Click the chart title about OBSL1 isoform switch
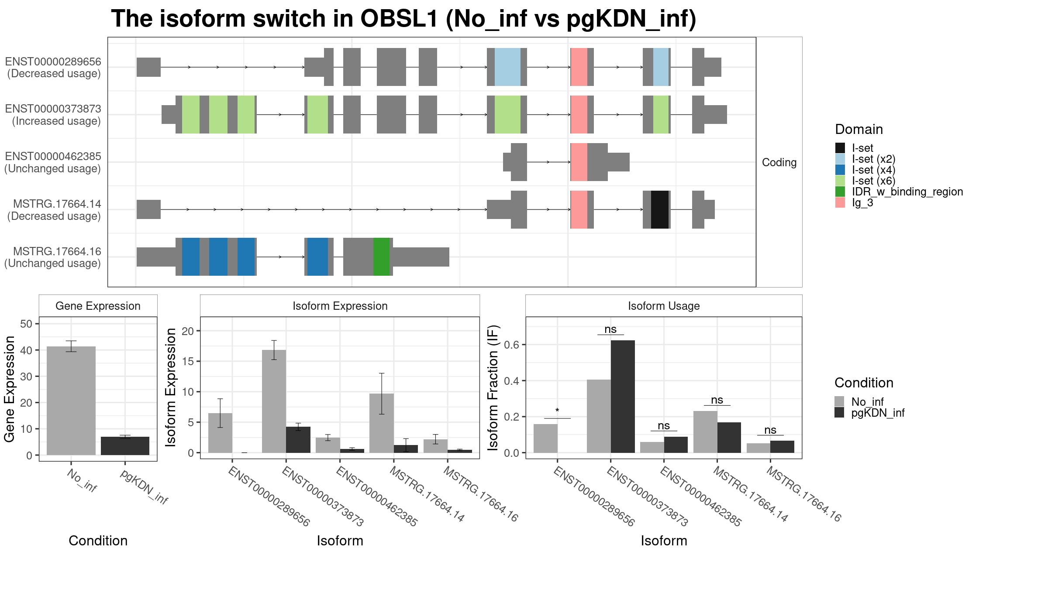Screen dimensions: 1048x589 [x=403, y=19]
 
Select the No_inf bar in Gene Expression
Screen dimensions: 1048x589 [x=71, y=401]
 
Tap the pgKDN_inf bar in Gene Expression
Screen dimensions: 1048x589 [x=125, y=446]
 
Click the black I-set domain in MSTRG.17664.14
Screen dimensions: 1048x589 [x=660, y=209]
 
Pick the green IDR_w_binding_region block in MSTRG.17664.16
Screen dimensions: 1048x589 [x=381, y=257]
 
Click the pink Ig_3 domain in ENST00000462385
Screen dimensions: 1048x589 [x=579, y=162]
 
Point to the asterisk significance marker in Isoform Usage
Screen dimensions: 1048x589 [x=557, y=411]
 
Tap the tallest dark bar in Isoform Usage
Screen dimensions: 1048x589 [x=623, y=397]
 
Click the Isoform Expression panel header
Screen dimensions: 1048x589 [x=340, y=306]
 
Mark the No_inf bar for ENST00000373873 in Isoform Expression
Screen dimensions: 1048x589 [x=274, y=401]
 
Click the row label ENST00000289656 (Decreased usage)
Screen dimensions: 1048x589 [x=53, y=67]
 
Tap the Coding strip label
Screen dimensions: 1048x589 [x=779, y=162]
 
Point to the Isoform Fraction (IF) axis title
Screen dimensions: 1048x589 [x=493, y=387]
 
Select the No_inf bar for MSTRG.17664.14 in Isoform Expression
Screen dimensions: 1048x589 [x=382, y=423]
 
